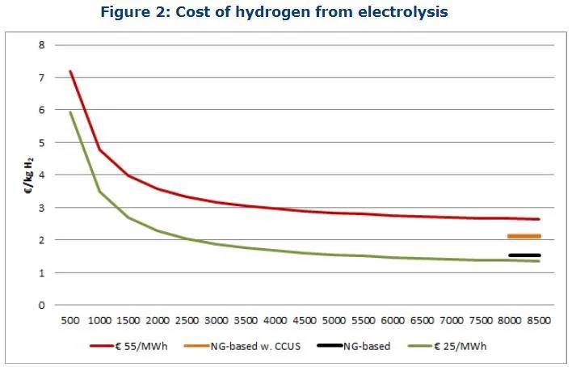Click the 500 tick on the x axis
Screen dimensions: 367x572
(70, 321)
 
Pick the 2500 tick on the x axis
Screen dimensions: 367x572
(187, 321)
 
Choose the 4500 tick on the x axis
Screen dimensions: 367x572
(305, 321)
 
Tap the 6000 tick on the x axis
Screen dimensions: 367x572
(393, 321)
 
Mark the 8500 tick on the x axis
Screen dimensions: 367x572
(539, 321)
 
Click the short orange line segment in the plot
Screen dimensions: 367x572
(524, 236)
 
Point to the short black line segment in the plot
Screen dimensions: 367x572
(524, 255)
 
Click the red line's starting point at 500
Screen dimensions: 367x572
(70, 71)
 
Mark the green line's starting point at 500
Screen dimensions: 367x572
(70, 112)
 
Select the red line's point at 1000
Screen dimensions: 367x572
(99, 150)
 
